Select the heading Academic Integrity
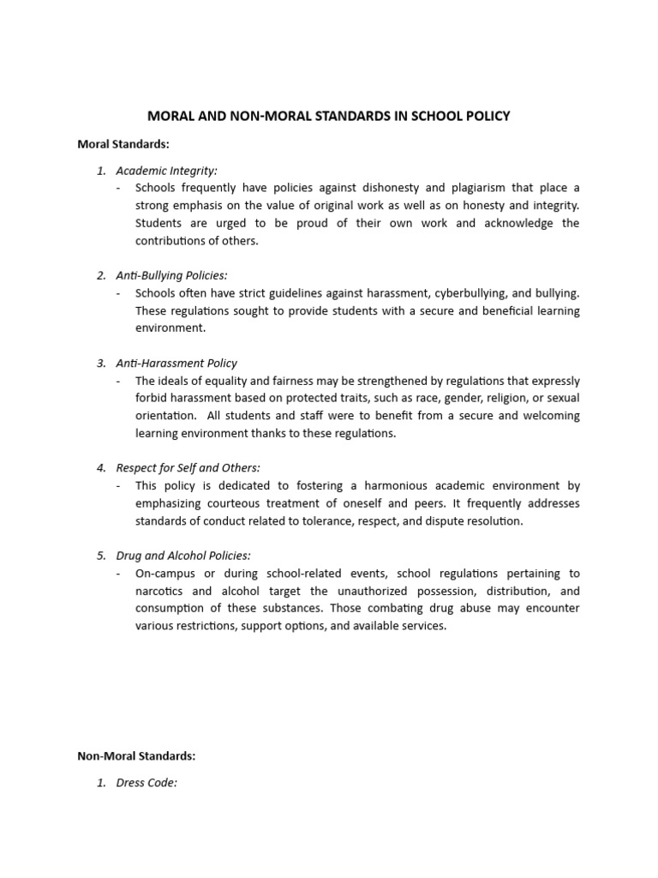click(167, 171)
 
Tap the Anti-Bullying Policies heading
click(171, 275)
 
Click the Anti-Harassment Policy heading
click(176, 363)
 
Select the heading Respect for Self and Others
click(188, 467)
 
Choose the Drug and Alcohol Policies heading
click(183, 556)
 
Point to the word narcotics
click(160, 591)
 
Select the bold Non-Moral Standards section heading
click(136, 755)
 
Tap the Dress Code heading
click(147, 783)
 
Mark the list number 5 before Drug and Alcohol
click(100, 556)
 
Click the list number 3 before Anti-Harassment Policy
click(100, 363)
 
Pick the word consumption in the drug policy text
click(170, 608)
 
